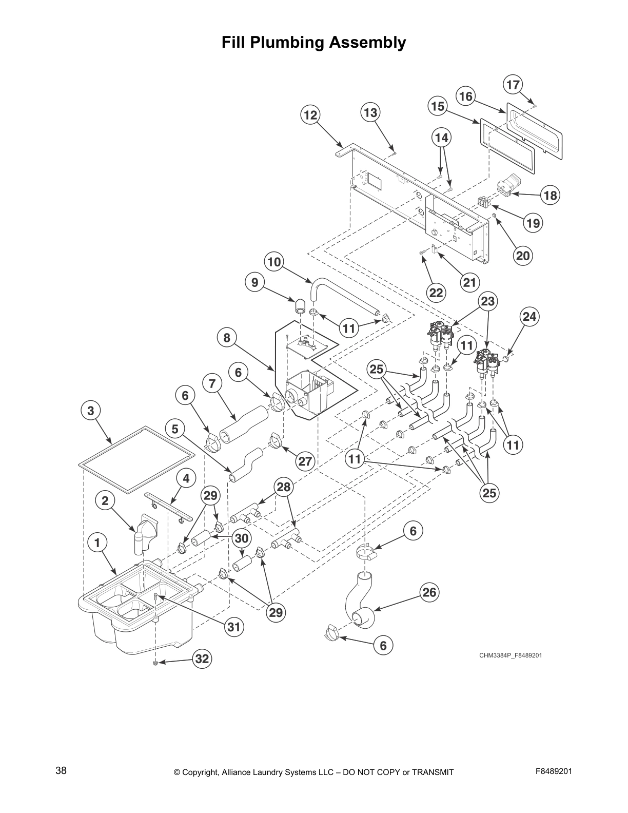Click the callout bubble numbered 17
point(513,85)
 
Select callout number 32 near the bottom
point(203,659)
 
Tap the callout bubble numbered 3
point(91,411)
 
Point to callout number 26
point(429,593)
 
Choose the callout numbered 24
point(529,317)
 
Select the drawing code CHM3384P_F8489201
point(511,655)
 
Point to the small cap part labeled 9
point(299,307)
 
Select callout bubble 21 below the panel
point(469,282)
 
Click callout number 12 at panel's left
point(310,115)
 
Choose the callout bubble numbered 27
point(305,461)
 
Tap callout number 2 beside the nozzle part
point(105,501)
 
